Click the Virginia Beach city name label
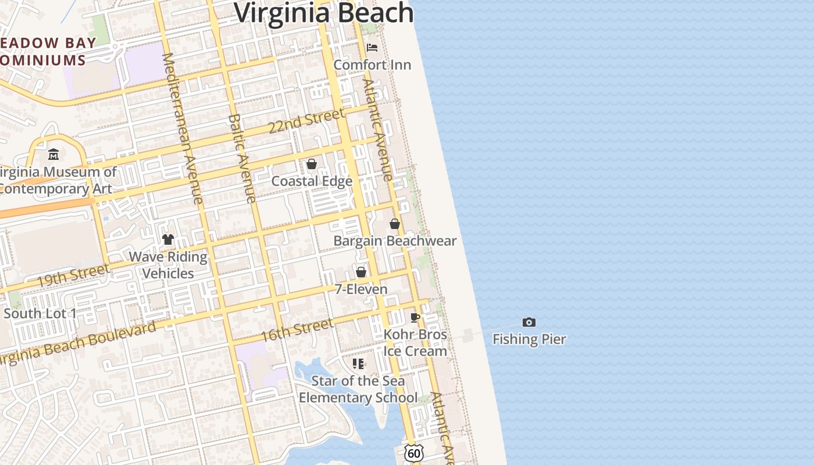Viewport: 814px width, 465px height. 323,13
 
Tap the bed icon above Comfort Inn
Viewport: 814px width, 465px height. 372,48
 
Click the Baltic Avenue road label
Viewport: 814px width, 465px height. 242,158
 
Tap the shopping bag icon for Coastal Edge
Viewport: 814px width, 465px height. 312,164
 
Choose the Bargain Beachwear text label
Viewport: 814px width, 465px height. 395,241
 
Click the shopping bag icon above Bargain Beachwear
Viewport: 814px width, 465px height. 395,224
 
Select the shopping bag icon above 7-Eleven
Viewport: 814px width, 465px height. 361,272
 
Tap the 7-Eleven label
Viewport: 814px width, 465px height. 361,289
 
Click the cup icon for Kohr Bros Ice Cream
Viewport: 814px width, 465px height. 415,317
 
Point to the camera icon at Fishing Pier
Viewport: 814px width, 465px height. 529,323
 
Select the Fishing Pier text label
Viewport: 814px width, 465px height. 529,339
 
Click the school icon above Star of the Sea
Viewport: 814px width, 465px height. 358,364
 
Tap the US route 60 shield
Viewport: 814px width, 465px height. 413,453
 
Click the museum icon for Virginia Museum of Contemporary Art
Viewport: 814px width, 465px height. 53,155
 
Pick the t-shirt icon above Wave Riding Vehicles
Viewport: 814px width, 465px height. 168,239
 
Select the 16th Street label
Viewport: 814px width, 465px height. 297,330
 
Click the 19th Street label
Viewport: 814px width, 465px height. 73,276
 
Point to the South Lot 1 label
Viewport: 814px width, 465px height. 40,313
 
